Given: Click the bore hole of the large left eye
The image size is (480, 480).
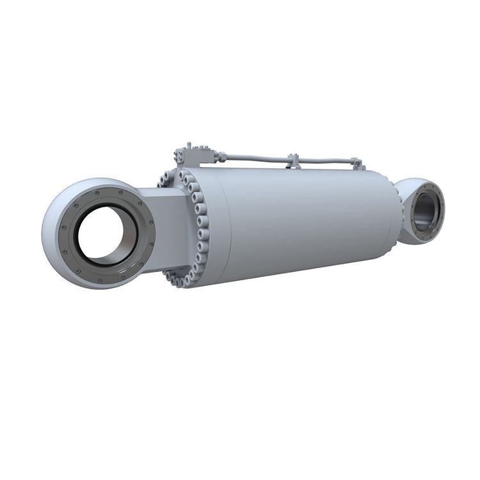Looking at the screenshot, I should point(102,234).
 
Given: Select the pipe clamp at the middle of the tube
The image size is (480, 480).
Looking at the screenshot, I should point(294,160).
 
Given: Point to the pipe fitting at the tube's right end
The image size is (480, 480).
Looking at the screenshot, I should point(360,165).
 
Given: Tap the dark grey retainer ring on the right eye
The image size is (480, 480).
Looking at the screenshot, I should point(438,211).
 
